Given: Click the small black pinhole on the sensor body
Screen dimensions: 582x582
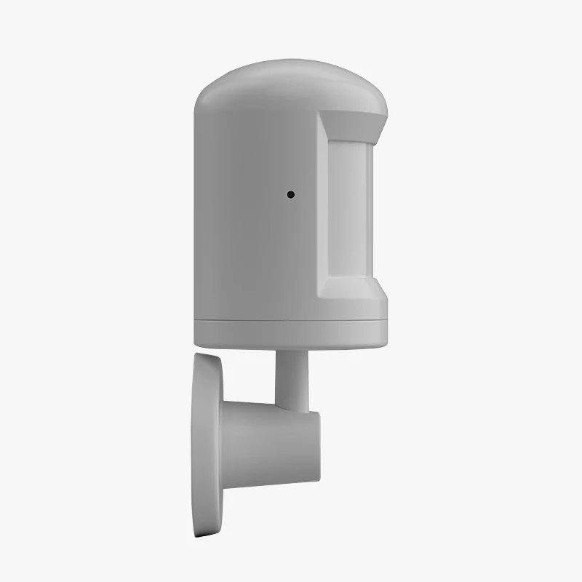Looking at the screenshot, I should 290,194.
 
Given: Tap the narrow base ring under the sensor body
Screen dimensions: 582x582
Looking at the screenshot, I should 291,332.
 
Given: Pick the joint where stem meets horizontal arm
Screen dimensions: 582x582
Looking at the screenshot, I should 292,407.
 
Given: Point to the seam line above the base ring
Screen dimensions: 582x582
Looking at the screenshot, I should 291,321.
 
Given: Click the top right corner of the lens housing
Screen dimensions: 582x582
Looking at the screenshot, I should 385,116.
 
